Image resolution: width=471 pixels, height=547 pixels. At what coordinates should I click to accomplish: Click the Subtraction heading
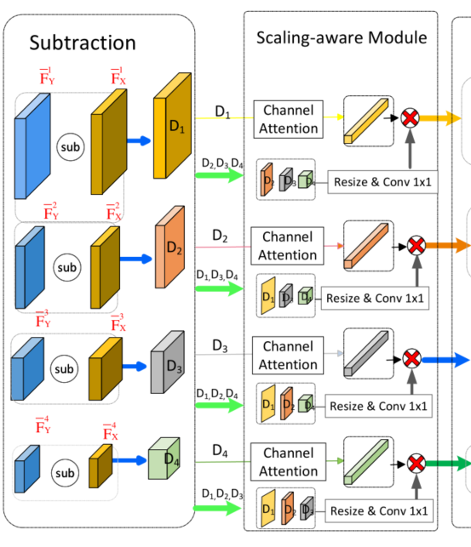click(83, 42)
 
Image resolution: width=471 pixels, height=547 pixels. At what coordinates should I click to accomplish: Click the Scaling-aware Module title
click(342, 37)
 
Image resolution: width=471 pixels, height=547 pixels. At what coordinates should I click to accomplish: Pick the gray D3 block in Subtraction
click(168, 363)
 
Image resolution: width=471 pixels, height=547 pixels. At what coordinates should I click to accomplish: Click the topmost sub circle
click(72, 147)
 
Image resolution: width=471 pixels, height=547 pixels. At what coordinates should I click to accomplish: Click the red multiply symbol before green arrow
click(416, 463)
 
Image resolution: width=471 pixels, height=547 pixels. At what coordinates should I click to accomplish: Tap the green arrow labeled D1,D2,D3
click(219, 508)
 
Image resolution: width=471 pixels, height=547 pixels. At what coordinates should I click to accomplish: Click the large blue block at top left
click(34, 153)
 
